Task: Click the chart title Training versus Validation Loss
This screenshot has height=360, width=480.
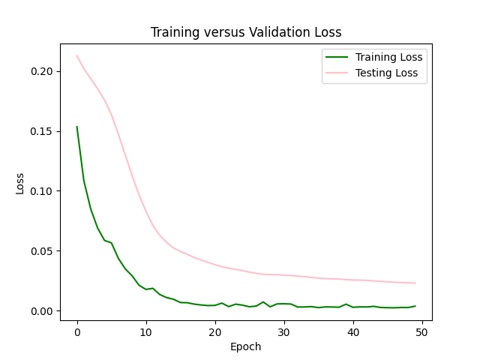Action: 246,32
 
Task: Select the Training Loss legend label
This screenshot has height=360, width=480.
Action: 388,57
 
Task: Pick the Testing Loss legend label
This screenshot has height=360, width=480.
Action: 386,74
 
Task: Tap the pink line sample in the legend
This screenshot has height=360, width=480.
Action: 336,74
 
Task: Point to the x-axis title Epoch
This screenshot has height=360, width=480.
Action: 246,346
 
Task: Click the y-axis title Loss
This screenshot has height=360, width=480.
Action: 21,182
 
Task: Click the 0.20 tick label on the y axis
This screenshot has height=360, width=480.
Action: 42,71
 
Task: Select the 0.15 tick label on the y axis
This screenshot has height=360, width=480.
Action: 42,131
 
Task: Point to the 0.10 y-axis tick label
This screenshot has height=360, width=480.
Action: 42,191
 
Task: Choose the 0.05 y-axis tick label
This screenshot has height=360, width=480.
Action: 42,251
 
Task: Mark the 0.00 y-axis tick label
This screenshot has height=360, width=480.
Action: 42,311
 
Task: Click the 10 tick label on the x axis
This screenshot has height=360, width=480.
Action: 145,331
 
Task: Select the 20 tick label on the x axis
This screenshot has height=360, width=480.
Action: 214,331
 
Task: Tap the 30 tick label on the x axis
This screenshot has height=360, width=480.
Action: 283,331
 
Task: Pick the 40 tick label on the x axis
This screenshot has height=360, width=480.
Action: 352,331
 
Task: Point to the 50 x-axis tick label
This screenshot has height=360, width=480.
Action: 421,331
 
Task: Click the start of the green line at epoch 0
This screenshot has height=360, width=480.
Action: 77,127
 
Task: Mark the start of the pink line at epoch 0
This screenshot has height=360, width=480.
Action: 77,55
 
